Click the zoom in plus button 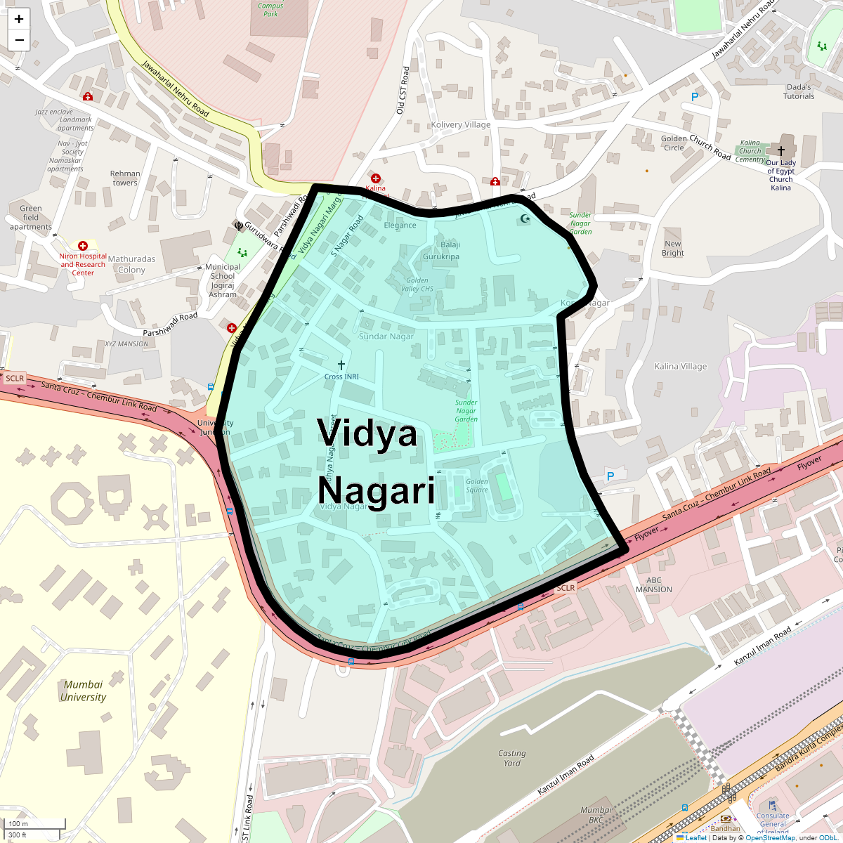tap(19, 19)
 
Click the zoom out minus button tap(19, 40)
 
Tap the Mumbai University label tap(83, 691)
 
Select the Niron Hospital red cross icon tap(83, 246)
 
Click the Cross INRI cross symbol tap(341, 365)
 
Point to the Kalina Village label tap(680, 366)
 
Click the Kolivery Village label tap(461, 124)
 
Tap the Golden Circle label tap(674, 143)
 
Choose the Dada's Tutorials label tap(799, 92)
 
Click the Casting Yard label tap(512, 758)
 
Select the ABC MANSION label tap(654, 584)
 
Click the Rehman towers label tap(125, 178)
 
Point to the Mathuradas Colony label tap(132, 264)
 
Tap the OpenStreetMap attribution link tap(770, 837)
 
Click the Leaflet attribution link tap(695, 837)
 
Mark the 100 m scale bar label tap(19, 823)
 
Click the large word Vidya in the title tap(367, 433)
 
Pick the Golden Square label tap(477, 485)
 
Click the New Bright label tap(672, 249)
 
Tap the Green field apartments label tap(31, 218)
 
